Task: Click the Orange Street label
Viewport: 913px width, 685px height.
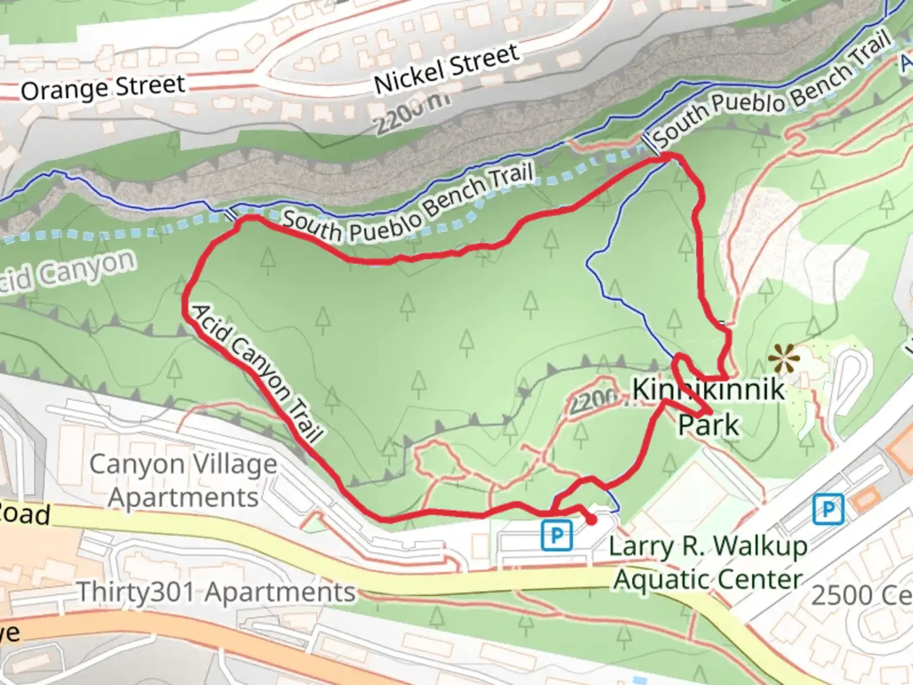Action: [x=103, y=88]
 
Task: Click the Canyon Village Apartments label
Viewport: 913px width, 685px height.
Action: [x=183, y=481]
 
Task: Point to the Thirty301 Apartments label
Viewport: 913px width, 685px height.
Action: [x=216, y=592]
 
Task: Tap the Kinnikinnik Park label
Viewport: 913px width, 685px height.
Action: [x=709, y=406]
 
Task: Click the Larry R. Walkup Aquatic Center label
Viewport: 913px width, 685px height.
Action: [x=708, y=563]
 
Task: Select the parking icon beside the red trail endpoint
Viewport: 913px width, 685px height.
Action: [x=557, y=535]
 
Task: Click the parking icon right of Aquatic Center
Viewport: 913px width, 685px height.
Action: [x=828, y=509]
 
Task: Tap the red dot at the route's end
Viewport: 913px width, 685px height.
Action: [x=591, y=520]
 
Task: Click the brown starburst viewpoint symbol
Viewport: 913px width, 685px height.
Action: [x=784, y=360]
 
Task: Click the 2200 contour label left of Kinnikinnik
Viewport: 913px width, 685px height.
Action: [x=593, y=400]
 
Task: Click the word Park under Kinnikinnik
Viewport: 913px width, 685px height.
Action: [x=709, y=424]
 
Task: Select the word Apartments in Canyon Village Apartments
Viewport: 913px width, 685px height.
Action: [x=183, y=498]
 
